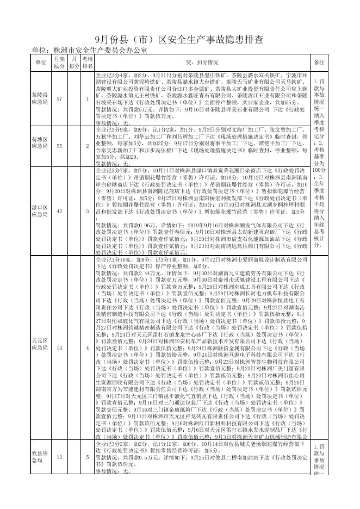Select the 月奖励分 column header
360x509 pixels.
pyautogui.click(x=59, y=62)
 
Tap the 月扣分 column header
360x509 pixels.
pyautogui.click(x=74, y=62)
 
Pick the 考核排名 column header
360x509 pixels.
pyautogui.click(x=88, y=62)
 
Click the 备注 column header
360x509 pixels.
pyautogui.click(x=319, y=62)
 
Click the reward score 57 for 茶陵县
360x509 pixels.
pyautogui.click(x=59, y=98)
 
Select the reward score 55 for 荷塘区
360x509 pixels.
pyautogui.click(x=59, y=146)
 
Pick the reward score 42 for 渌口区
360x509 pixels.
pyautogui.click(x=59, y=211)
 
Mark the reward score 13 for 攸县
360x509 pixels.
pyautogui.click(x=59, y=457)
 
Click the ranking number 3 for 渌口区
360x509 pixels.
pyautogui.click(x=88, y=211)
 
